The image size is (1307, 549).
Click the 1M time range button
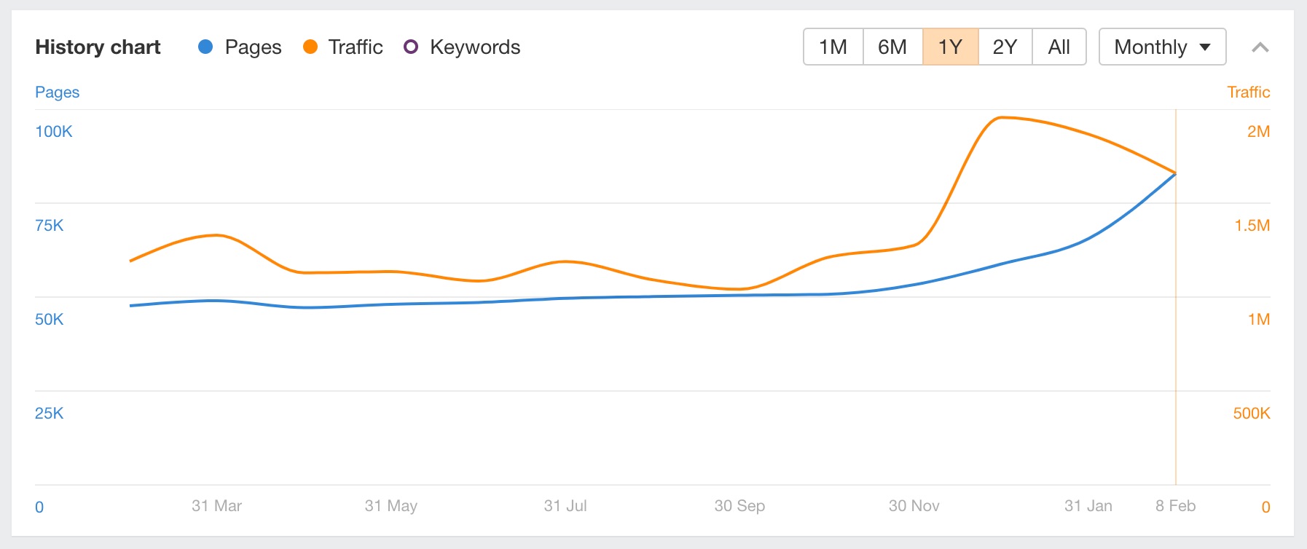click(x=833, y=47)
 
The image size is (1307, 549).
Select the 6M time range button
click(x=892, y=47)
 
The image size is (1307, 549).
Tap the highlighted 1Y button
click(x=950, y=47)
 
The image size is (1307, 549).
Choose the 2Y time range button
click(x=1005, y=47)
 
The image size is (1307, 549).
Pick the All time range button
click(x=1059, y=47)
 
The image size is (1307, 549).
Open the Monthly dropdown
click(x=1162, y=47)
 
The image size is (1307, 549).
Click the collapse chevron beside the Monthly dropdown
click(x=1260, y=48)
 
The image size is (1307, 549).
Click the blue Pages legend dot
click(x=205, y=47)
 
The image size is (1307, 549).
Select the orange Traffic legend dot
click(x=310, y=47)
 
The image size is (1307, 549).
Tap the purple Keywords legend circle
click(x=411, y=47)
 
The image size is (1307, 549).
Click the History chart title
click(x=98, y=47)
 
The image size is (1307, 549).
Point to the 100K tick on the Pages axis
click(x=54, y=132)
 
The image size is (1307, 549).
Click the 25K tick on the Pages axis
click(x=50, y=414)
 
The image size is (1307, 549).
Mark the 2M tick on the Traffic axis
click(x=1258, y=132)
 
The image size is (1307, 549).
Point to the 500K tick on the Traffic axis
click(x=1251, y=414)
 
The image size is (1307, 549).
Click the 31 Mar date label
click(x=216, y=506)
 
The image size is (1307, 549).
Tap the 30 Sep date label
click(x=739, y=506)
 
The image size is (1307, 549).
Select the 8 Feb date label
click(x=1175, y=506)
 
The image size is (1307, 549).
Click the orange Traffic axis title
click(x=1248, y=92)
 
